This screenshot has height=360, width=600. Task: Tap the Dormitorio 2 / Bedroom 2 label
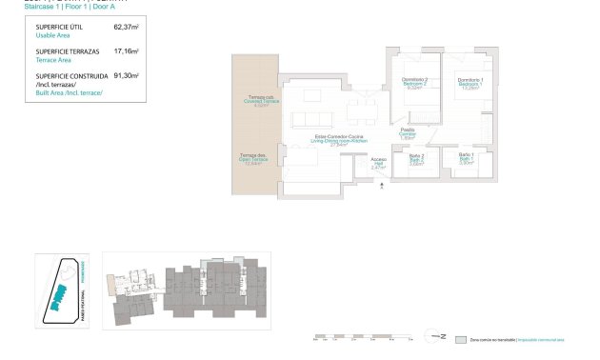[x=414, y=83]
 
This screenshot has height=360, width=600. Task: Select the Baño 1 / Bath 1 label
[x=467, y=158]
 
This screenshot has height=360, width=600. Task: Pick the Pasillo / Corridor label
[x=407, y=134]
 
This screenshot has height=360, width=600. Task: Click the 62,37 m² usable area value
[x=126, y=29]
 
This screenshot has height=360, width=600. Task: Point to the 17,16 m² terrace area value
[x=126, y=51]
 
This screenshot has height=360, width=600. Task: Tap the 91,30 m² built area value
[x=126, y=74]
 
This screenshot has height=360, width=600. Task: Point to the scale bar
[x=362, y=336]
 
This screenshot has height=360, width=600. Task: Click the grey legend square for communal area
[x=462, y=339]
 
